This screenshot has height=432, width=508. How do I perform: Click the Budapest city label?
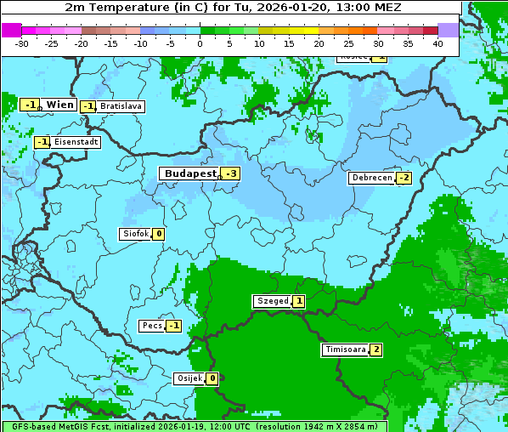pyautogui.click(x=189, y=173)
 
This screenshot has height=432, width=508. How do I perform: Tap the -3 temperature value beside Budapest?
pyautogui.click(x=231, y=173)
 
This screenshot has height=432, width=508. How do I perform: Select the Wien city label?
pyautogui.click(x=59, y=105)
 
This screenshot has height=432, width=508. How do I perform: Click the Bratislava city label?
pyautogui.click(x=120, y=106)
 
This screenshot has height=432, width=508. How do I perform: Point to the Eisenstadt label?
pyautogui.click(x=75, y=142)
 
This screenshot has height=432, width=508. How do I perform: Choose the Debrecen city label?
pyautogui.click(x=371, y=178)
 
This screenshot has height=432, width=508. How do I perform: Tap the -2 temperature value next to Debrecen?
pyautogui.click(x=404, y=178)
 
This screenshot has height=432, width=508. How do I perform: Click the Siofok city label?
pyautogui.click(x=135, y=234)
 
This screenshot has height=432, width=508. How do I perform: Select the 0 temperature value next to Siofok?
pyautogui.click(x=158, y=234)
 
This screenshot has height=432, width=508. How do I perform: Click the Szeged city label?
pyautogui.click(x=272, y=301)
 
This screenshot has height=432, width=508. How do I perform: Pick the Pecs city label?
pyautogui.click(x=152, y=326)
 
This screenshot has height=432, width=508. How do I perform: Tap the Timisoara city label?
pyautogui.click(x=345, y=350)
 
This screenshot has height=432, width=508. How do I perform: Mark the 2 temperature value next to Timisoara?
pyautogui.click(x=375, y=350)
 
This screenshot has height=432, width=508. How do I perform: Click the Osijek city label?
pyautogui.click(x=189, y=378)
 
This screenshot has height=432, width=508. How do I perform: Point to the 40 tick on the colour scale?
pyautogui.click(x=437, y=43)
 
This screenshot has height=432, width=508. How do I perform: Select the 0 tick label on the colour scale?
pyautogui.click(x=200, y=43)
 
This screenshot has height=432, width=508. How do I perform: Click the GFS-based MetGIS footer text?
pyautogui.click(x=58, y=426)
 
